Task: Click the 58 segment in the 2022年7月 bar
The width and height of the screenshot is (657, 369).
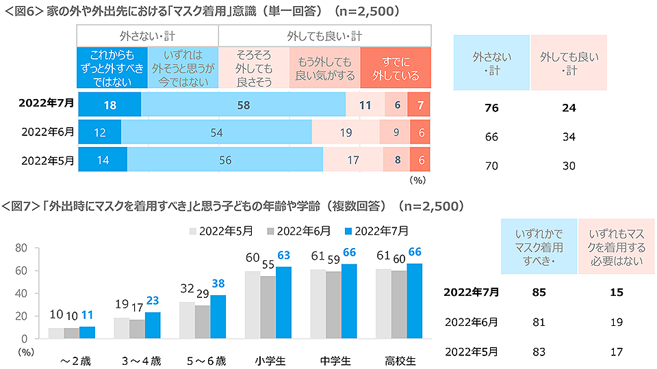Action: tap(243, 105)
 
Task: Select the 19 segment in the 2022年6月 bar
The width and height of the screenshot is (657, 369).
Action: tap(346, 132)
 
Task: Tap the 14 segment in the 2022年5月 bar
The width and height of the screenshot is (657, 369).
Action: tap(102, 159)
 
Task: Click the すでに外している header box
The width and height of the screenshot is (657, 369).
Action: tap(396, 68)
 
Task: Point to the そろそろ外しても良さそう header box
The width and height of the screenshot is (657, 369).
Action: tap(254, 68)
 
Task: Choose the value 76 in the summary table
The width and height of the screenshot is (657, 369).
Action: tap(491, 108)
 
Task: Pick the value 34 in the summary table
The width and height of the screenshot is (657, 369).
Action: tap(567, 137)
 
